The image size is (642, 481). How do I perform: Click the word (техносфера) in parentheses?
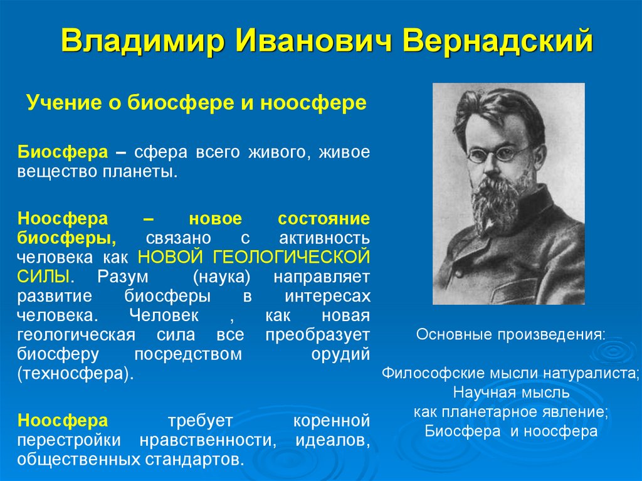point(76,374)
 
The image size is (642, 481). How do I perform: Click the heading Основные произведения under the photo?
point(511,334)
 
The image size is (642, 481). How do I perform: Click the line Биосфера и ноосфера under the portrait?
point(511,431)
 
